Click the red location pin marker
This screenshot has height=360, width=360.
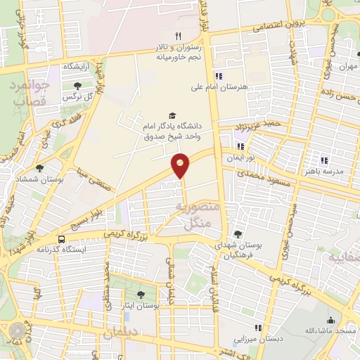[181, 165]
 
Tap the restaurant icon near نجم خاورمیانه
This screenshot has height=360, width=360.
[179, 36]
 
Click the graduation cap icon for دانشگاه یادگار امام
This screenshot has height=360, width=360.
[172, 116]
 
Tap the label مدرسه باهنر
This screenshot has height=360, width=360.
[323, 172]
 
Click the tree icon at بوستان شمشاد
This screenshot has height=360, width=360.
[39, 168]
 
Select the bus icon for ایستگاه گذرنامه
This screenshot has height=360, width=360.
[62, 238]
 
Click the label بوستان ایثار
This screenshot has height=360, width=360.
[140, 306]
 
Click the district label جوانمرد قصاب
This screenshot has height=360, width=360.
[29, 94]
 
